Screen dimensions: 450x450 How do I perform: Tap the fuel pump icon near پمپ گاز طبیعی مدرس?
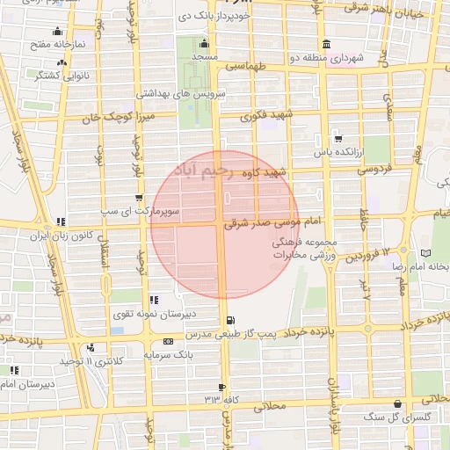(x=230, y=320)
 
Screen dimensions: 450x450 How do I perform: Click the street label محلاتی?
(x=271, y=407)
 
